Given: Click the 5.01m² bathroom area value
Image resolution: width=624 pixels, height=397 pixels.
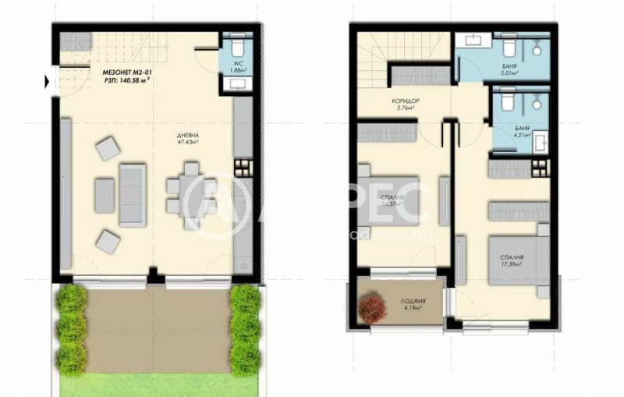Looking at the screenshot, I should coord(512,75).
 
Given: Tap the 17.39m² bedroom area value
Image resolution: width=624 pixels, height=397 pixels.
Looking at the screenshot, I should coord(512,264).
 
